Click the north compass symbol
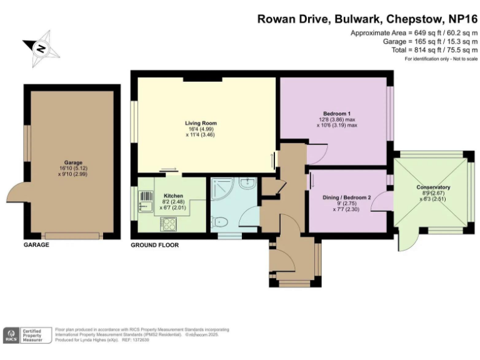[41, 48]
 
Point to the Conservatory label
[434, 187]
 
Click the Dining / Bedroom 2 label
[347, 197]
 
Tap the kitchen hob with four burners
[169, 222]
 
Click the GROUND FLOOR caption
[154, 245]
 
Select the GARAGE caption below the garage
[36, 245]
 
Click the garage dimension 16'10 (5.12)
[72, 168]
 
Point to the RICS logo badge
[11, 335]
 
